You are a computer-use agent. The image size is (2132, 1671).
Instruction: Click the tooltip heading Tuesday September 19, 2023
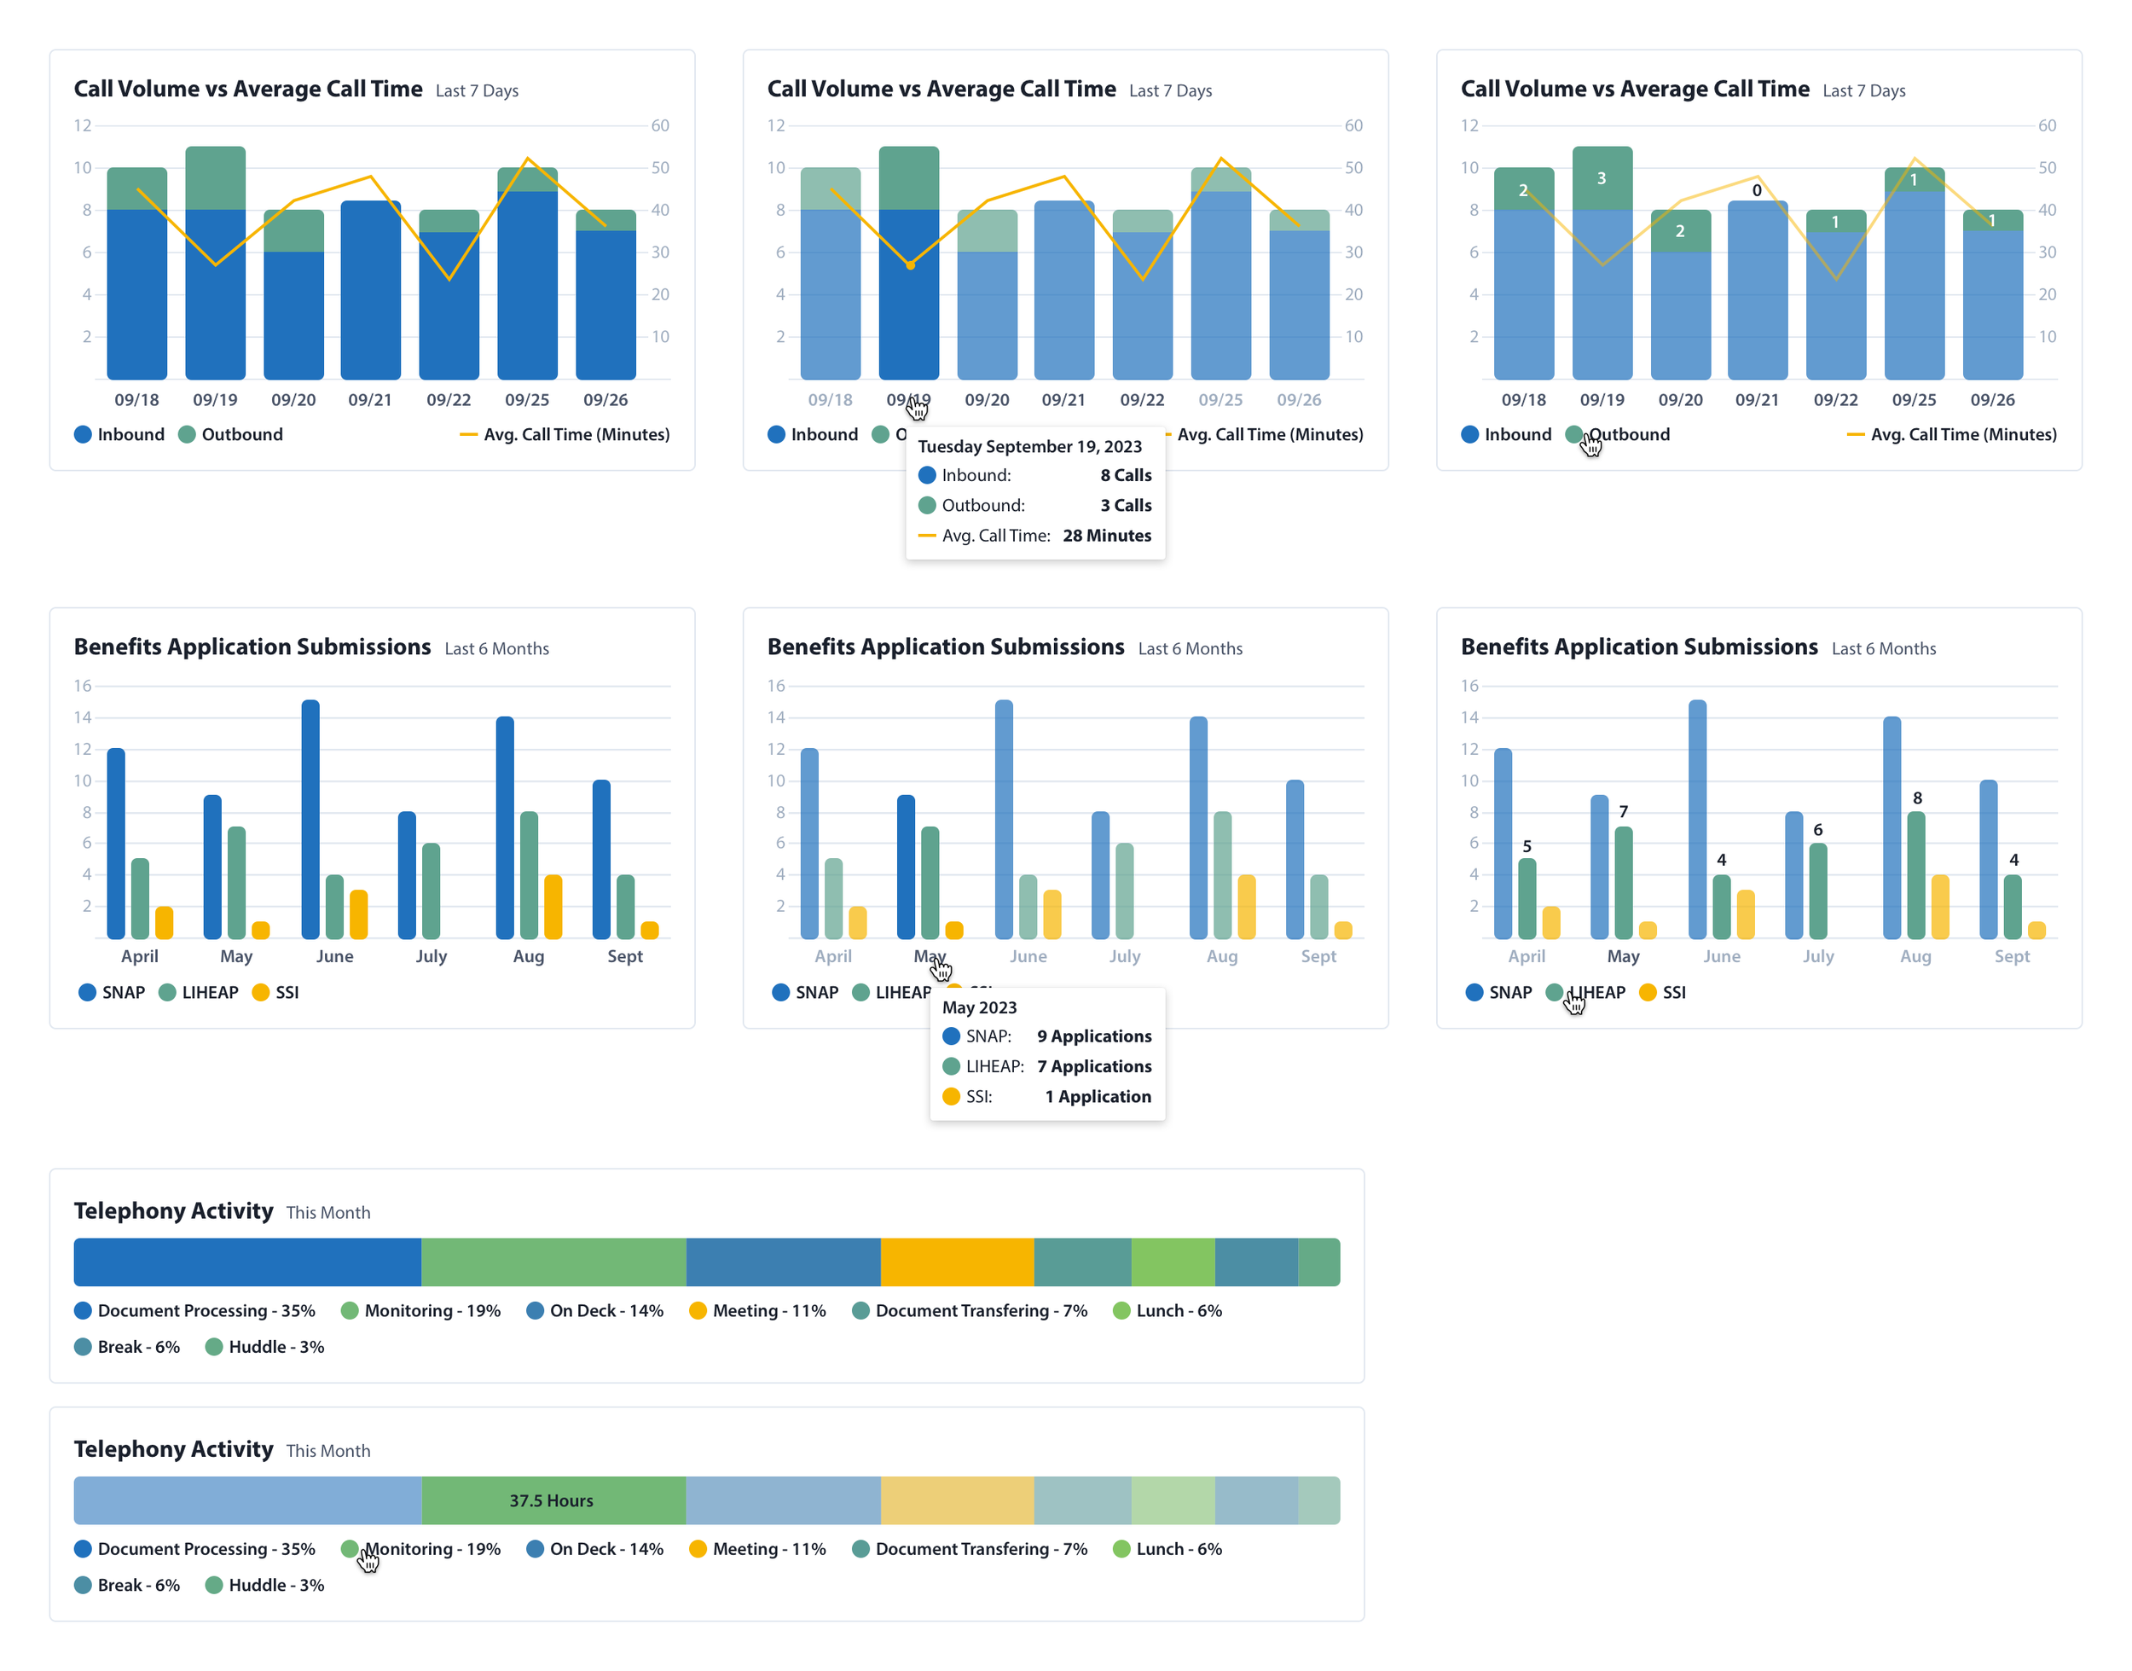coord(1028,447)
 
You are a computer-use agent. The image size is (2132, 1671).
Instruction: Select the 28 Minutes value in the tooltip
coord(1106,537)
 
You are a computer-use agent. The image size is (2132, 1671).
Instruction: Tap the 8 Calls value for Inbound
coord(1125,475)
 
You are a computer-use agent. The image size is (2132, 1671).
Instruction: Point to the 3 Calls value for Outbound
coord(1125,506)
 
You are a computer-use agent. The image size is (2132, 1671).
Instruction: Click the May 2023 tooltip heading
coord(978,1007)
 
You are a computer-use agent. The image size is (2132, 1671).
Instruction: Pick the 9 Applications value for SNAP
coord(1093,1037)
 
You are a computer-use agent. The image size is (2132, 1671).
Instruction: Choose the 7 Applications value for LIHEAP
coord(1093,1067)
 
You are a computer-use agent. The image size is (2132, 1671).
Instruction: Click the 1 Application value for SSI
coord(1098,1098)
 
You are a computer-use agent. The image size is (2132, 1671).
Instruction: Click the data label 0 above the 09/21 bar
coord(1757,191)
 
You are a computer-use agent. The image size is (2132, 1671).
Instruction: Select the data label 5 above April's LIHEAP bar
coord(1526,846)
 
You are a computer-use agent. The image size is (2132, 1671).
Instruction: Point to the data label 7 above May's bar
coord(1623,812)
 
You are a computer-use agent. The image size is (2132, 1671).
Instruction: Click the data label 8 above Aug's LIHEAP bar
coord(1916,798)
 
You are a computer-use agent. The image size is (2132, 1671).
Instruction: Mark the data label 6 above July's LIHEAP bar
coord(1817,831)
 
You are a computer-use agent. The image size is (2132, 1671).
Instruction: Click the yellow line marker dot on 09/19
coord(910,265)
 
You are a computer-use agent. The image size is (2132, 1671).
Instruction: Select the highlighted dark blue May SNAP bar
coord(906,866)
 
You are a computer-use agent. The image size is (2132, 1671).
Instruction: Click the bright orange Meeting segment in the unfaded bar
coord(957,1262)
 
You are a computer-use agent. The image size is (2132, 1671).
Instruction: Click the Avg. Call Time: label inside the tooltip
coord(995,537)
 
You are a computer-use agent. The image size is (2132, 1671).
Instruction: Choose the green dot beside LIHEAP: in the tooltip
coord(951,1067)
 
